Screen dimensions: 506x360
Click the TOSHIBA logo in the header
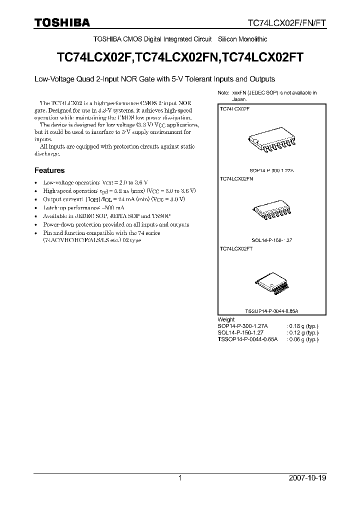tap(62, 22)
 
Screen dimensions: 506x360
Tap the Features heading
tap(49, 170)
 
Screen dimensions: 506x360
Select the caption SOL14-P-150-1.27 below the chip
tap(272, 240)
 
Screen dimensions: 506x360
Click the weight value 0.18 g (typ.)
tap(303, 325)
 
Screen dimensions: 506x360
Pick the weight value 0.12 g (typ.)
tap(303, 332)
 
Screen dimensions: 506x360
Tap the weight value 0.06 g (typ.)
tap(303, 338)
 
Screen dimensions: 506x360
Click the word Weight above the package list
tap(226, 319)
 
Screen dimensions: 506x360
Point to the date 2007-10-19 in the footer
tap(307, 478)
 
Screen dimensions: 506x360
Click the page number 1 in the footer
tap(180, 478)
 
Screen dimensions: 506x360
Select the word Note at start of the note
tap(223, 93)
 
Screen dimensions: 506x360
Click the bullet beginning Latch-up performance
tap(76, 207)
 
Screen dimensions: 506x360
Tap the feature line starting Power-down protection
tap(116, 224)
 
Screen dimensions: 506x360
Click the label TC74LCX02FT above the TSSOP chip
tap(236, 248)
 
